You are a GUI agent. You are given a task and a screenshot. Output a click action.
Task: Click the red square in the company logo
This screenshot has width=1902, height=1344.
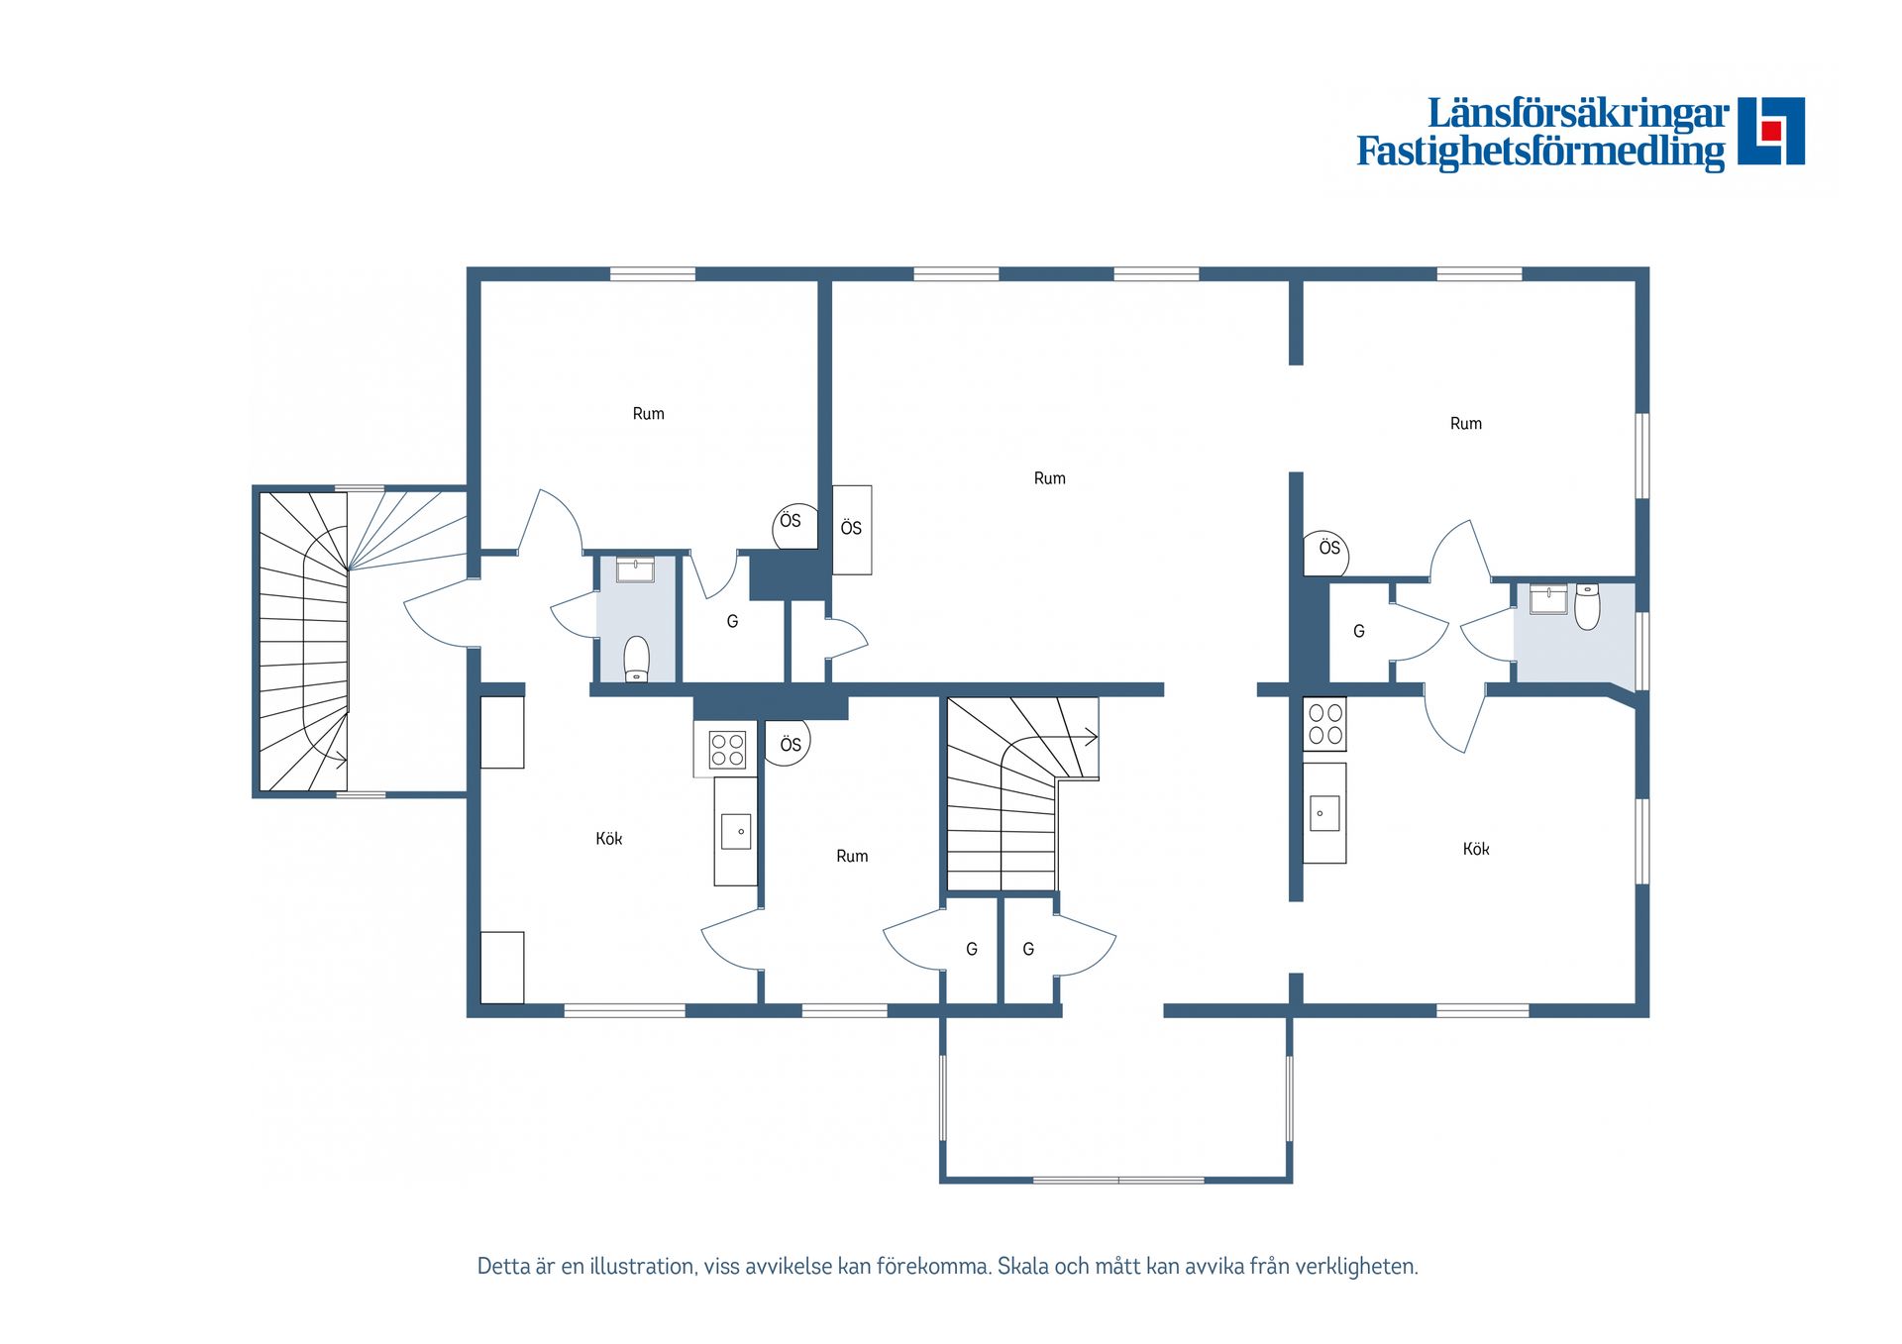(1771, 130)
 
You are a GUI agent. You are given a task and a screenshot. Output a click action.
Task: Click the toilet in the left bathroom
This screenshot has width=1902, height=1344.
(636, 659)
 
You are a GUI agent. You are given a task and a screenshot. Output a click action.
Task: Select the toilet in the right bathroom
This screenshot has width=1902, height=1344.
(1587, 606)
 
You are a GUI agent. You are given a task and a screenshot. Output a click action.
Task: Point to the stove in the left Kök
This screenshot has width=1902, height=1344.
(726, 750)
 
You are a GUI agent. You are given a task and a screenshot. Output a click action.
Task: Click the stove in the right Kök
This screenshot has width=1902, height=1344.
(1324, 723)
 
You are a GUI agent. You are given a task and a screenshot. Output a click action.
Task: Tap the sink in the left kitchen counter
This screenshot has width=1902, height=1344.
(736, 832)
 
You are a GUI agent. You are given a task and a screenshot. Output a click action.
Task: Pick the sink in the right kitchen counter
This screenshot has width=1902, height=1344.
(1324, 813)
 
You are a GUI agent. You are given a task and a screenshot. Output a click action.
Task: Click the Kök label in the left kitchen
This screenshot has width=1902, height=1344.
(608, 839)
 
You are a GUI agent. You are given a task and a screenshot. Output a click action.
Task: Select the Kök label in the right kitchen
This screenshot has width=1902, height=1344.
(1475, 849)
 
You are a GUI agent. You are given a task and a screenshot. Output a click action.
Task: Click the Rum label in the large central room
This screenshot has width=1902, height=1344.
(1049, 478)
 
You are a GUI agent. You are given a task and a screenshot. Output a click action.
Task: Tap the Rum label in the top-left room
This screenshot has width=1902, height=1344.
(648, 414)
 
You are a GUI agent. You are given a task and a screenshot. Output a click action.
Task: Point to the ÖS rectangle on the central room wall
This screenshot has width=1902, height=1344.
(852, 529)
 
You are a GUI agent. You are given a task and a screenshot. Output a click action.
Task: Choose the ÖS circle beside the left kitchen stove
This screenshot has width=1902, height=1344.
(790, 744)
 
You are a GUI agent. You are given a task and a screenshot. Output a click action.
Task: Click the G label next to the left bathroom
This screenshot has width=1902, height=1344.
(732, 622)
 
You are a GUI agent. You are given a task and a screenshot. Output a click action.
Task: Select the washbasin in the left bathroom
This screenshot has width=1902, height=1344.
(634, 569)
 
